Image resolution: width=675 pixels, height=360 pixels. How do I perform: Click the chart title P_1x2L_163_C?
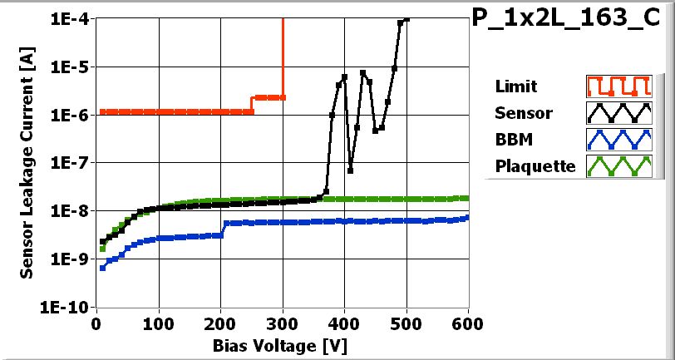573,19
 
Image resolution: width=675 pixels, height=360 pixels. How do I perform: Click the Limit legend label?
515,86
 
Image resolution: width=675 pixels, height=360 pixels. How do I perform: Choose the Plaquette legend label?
535,166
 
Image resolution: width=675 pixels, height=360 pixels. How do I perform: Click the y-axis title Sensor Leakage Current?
27,162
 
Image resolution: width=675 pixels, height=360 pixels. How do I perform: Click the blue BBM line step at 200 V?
223,229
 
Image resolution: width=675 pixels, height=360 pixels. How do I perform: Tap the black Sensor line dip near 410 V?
351,170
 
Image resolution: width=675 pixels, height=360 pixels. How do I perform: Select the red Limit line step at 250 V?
252,104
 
